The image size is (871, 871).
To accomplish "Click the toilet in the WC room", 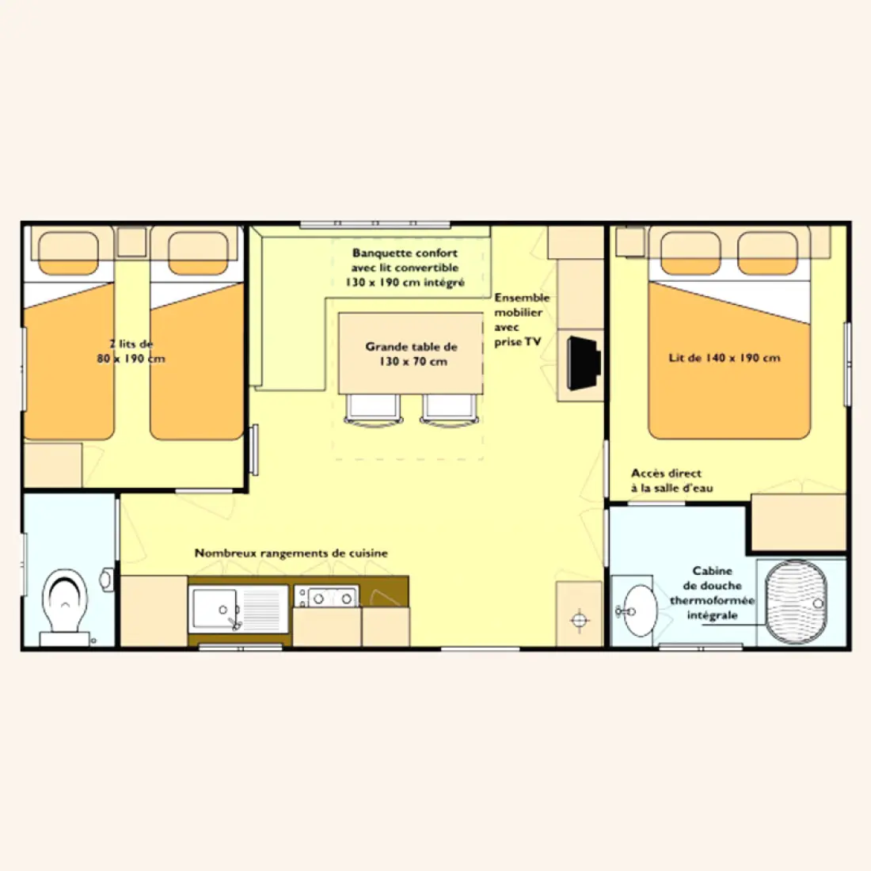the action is pos(66,607).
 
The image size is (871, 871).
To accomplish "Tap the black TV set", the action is pos(584,363).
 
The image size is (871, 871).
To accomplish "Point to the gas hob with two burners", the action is pos(326,596).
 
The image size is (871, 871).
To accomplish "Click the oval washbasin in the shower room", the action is pos(639,610).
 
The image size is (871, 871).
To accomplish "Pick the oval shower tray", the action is pos(796,602).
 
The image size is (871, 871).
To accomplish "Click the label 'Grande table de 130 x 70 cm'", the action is pos(412,354).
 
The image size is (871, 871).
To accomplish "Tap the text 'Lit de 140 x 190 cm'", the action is pos(725,358).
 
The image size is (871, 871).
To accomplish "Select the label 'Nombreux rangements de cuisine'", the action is pos(291,553).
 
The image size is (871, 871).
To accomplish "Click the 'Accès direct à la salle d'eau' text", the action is pos(672,481).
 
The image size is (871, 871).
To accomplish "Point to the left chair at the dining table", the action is pos(373,410).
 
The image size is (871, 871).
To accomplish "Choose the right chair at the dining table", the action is pos(450,410).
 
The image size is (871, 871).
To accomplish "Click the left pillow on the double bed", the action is pos(690,253).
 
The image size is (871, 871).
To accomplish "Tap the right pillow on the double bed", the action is pos(768,253).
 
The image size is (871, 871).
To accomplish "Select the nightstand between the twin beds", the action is pos(132,242).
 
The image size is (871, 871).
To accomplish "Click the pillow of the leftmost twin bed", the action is pos(68,253).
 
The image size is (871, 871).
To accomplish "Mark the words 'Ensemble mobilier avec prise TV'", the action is pos(522,319).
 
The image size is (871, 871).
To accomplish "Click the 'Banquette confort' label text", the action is pos(405,253).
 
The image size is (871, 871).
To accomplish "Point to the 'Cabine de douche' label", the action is pos(712,578).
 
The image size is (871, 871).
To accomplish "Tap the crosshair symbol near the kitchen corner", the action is pos(580,618).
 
